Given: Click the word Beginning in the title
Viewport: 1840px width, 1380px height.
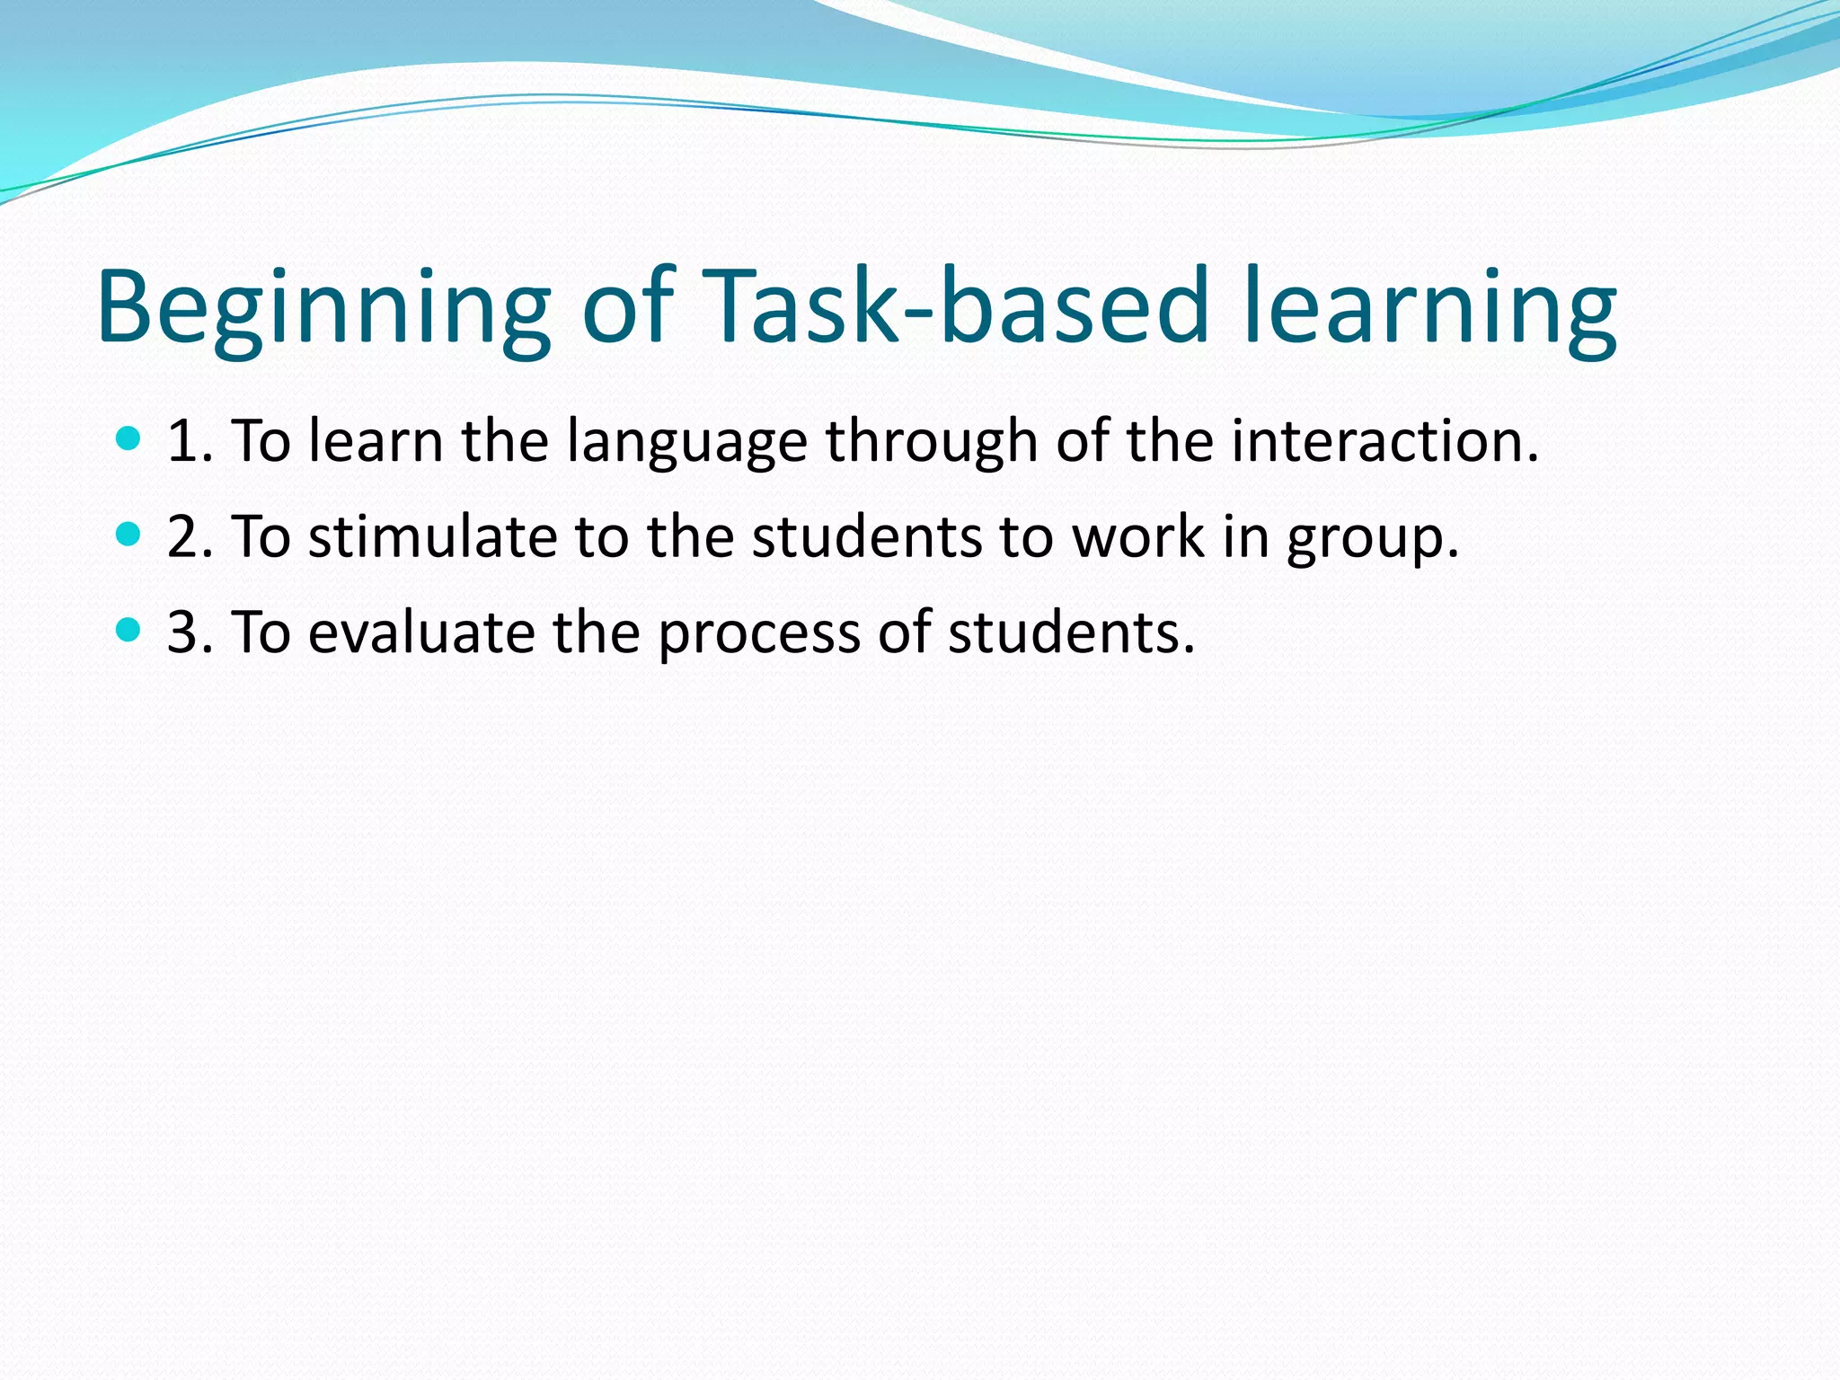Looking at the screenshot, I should (x=323, y=307).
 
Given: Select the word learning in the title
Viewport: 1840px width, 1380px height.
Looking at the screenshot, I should (x=1430, y=307).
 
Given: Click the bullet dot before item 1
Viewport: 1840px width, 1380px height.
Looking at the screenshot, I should (x=129, y=439).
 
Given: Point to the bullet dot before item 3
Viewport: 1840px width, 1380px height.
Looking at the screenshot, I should (x=129, y=631).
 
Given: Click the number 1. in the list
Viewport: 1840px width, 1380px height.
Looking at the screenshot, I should (x=190, y=442).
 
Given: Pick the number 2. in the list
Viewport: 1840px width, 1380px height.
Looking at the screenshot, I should (x=190, y=537).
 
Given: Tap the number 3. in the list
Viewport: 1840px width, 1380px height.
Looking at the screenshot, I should (x=190, y=632).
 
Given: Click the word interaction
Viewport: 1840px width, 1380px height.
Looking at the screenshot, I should (x=1384, y=442).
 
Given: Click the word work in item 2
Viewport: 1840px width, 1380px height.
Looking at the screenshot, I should (x=1138, y=537).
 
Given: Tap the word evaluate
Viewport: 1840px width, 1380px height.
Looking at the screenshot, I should (x=422, y=632).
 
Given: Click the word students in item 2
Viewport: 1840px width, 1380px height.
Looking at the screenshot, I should (x=867, y=537).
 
